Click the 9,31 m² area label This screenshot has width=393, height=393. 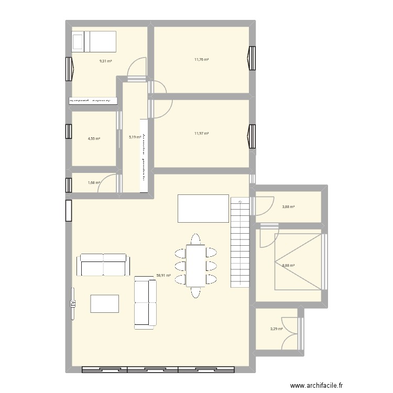106,61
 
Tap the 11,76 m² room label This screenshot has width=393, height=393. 202,59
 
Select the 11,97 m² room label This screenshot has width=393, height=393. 202,134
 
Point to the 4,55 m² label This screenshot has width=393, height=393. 94,139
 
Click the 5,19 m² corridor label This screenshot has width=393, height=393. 135,137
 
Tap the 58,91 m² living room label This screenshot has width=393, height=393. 163,274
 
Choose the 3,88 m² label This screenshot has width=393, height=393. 288,207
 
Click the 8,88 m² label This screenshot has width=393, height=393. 288,266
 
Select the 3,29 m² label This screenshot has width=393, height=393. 276,329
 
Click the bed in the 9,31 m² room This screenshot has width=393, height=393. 94,41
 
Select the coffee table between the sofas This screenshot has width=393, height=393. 104,303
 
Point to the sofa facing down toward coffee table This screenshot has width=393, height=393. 102,265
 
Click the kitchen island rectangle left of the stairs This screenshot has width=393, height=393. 204,208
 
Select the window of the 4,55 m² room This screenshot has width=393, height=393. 68,132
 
